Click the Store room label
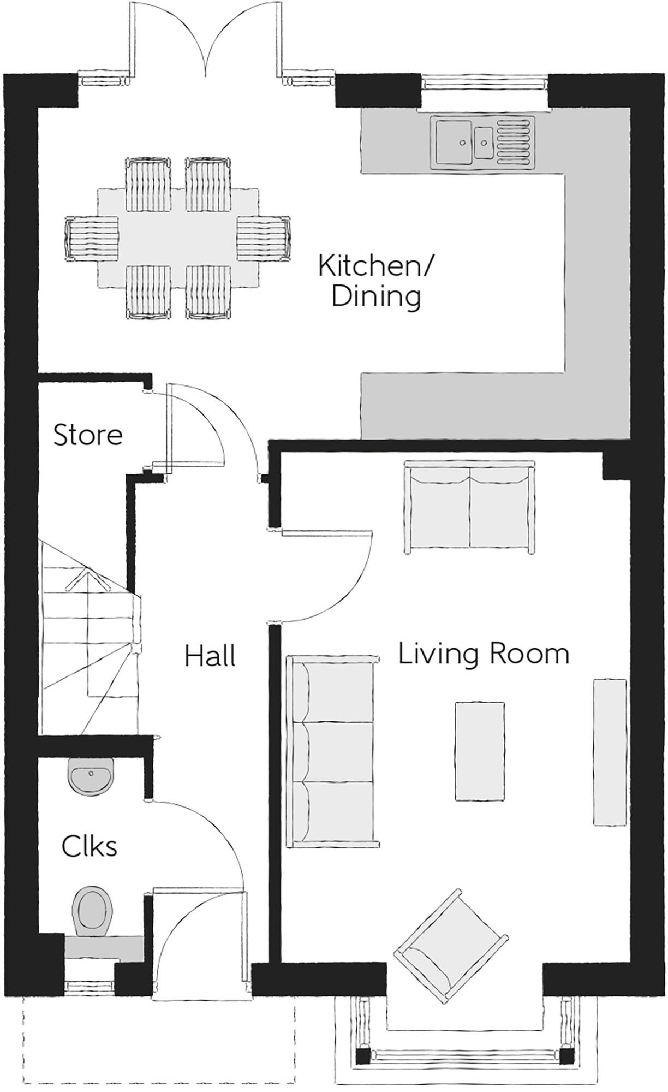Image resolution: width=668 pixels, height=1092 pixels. click(87, 435)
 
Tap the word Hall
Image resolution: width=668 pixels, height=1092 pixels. click(210, 656)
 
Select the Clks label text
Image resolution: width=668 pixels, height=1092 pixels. click(89, 847)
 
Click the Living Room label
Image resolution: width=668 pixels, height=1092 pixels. click(484, 654)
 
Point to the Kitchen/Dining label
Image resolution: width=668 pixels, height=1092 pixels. click(376, 282)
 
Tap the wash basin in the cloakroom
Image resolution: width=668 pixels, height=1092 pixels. click(91, 776)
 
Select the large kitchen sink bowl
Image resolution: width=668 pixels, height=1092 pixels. click(454, 141)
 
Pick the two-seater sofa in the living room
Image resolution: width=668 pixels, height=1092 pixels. click(469, 507)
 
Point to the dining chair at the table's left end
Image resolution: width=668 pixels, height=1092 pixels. click(92, 239)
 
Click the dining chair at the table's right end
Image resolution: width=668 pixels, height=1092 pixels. click(264, 239)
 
